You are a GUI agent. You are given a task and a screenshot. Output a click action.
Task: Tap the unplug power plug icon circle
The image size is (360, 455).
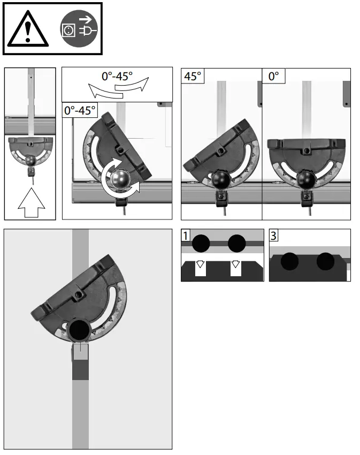(79, 29)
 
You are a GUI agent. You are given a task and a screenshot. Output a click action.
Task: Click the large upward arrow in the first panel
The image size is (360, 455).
(32, 202)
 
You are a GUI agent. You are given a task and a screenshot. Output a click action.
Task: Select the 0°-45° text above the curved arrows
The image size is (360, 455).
(117, 77)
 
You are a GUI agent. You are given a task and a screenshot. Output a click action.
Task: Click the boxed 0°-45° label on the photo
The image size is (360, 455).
(80, 110)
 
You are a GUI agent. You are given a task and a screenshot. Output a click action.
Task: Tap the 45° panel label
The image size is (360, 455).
(193, 76)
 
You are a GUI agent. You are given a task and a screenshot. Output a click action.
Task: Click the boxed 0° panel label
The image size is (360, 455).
(273, 76)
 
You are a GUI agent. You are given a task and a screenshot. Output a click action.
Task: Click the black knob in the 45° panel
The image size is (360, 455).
(220, 180)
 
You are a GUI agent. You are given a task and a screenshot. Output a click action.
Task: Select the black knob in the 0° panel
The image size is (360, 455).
(305, 179)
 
